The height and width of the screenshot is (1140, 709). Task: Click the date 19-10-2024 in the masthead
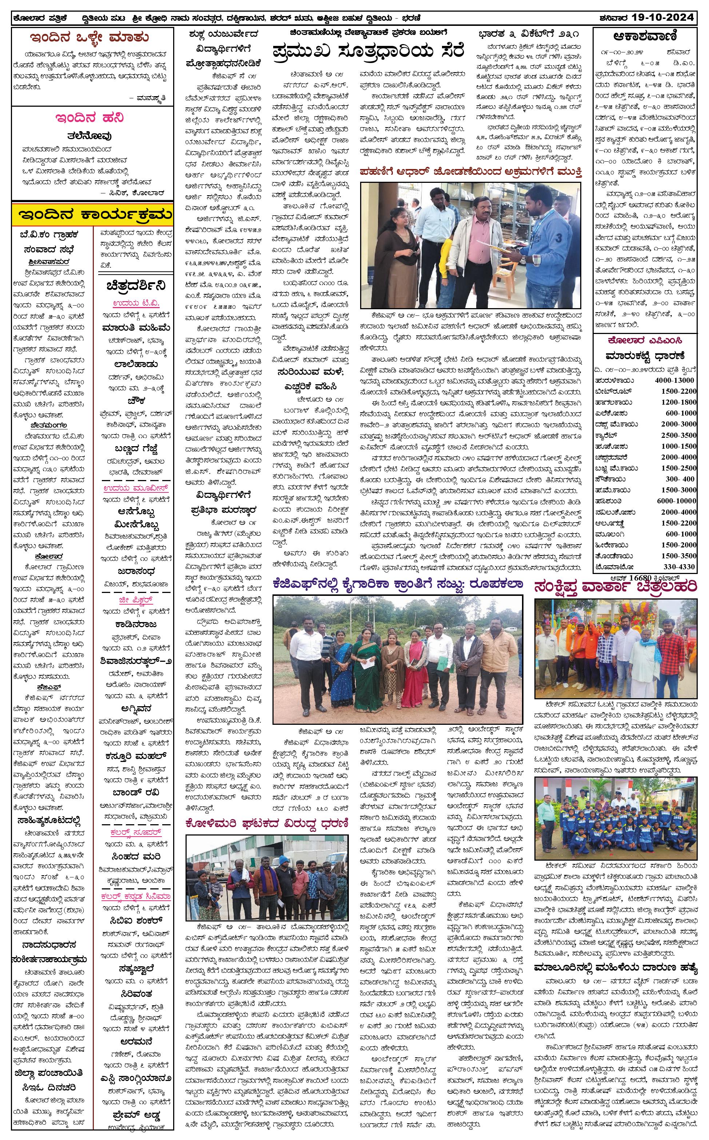tap(662, 18)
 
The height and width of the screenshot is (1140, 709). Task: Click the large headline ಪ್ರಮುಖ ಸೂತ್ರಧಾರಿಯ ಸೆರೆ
tap(368, 50)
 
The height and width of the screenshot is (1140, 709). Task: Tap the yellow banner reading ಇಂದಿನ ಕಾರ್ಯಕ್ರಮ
tap(92, 215)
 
